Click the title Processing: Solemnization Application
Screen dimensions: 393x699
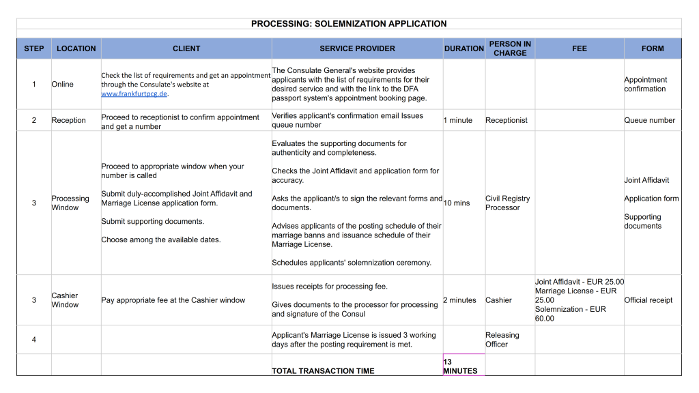pyautogui.click(x=349, y=23)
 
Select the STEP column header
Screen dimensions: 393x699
pyautogui.click(x=34, y=48)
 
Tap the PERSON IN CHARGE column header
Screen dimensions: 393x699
pyautogui.click(x=510, y=48)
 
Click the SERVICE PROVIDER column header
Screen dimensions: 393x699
pyautogui.click(x=357, y=48)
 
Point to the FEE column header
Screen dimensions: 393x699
pyautogui.click(x=579, y=48)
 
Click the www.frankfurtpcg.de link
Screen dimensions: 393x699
pyautogui.click(x=134, y=94)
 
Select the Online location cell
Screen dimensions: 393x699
pyautogui.click(x=63, y=85)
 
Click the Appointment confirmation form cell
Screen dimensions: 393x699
pyautogui.click(x=645, y=85)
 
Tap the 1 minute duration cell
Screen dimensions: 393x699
pyautogui.click(x=458, y=120)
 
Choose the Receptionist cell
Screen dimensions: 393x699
pyautogui.click(x=507, y=120)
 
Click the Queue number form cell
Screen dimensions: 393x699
pyautogui.click(x=649, y=120)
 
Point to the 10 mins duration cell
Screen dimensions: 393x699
pyautogui.click(x=457, y=203)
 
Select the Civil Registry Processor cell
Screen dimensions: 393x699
pyautogui.click(x=507, y=203)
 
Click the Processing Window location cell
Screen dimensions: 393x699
pyautogui.click(x=70, y=203)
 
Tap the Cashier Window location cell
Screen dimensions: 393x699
pyautogui.click(x=65, y=300)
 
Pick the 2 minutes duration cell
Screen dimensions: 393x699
pyautogui.click(x=460, y=300)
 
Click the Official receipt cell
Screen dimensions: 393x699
pyautogui.click(x=648, y=300)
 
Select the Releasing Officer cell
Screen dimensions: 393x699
pyautogui.click(x=502, y=340)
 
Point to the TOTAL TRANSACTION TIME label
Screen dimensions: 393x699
pyautogui.click(x=323, y=371)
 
